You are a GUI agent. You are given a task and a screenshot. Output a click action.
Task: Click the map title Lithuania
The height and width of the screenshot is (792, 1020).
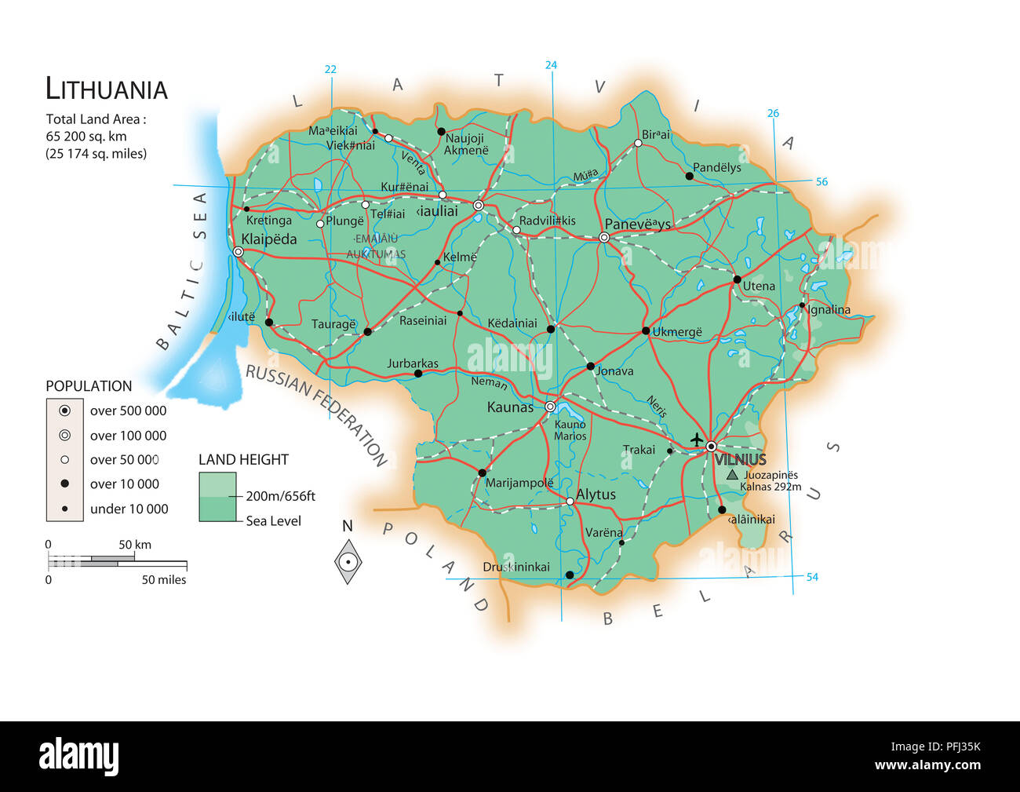coord(107,89)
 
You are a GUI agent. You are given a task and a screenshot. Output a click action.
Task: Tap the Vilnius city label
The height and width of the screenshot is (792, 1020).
coord(740,460)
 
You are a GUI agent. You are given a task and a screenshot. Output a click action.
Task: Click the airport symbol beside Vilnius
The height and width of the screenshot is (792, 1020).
coord(696,440)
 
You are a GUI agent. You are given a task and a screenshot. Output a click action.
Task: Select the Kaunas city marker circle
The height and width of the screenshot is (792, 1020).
coord(550,407)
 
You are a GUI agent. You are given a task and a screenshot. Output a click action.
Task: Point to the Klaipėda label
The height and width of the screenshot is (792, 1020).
coord(269,239)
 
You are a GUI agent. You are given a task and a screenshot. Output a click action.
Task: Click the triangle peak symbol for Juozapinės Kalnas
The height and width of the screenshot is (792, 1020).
coord(732,475)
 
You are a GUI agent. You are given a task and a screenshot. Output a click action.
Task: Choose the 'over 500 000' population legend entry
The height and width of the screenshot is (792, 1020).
coord(128,411)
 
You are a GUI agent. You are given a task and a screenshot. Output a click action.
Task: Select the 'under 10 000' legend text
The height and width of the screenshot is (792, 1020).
coord(129,509)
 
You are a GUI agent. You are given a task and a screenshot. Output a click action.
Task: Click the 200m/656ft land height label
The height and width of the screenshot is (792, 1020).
coord(280,496)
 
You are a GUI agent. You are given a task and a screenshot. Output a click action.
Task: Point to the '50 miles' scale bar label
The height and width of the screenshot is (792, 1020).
coord(164,580)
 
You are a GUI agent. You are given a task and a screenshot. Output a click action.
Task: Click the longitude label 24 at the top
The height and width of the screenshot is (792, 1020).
coord(551,65)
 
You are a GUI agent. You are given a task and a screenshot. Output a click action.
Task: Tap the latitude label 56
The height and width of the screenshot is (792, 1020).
coord(821,181)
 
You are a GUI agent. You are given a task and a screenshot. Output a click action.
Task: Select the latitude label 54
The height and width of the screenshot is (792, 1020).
coord(812,577)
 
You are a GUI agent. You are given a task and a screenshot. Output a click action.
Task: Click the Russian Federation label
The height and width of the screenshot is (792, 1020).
coord(317,414)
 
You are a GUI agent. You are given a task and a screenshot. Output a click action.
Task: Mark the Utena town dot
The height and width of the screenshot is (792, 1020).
coord(737,279)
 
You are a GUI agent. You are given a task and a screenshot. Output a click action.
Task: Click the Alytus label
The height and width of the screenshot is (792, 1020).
coord(596,495)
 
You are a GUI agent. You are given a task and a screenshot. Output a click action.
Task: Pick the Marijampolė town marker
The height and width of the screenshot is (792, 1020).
coord(482,473)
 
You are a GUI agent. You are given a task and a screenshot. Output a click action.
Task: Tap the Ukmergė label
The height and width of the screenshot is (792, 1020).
coord(677,332)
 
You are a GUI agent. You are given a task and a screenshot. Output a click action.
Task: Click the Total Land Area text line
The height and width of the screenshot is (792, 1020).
coord(96,119)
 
